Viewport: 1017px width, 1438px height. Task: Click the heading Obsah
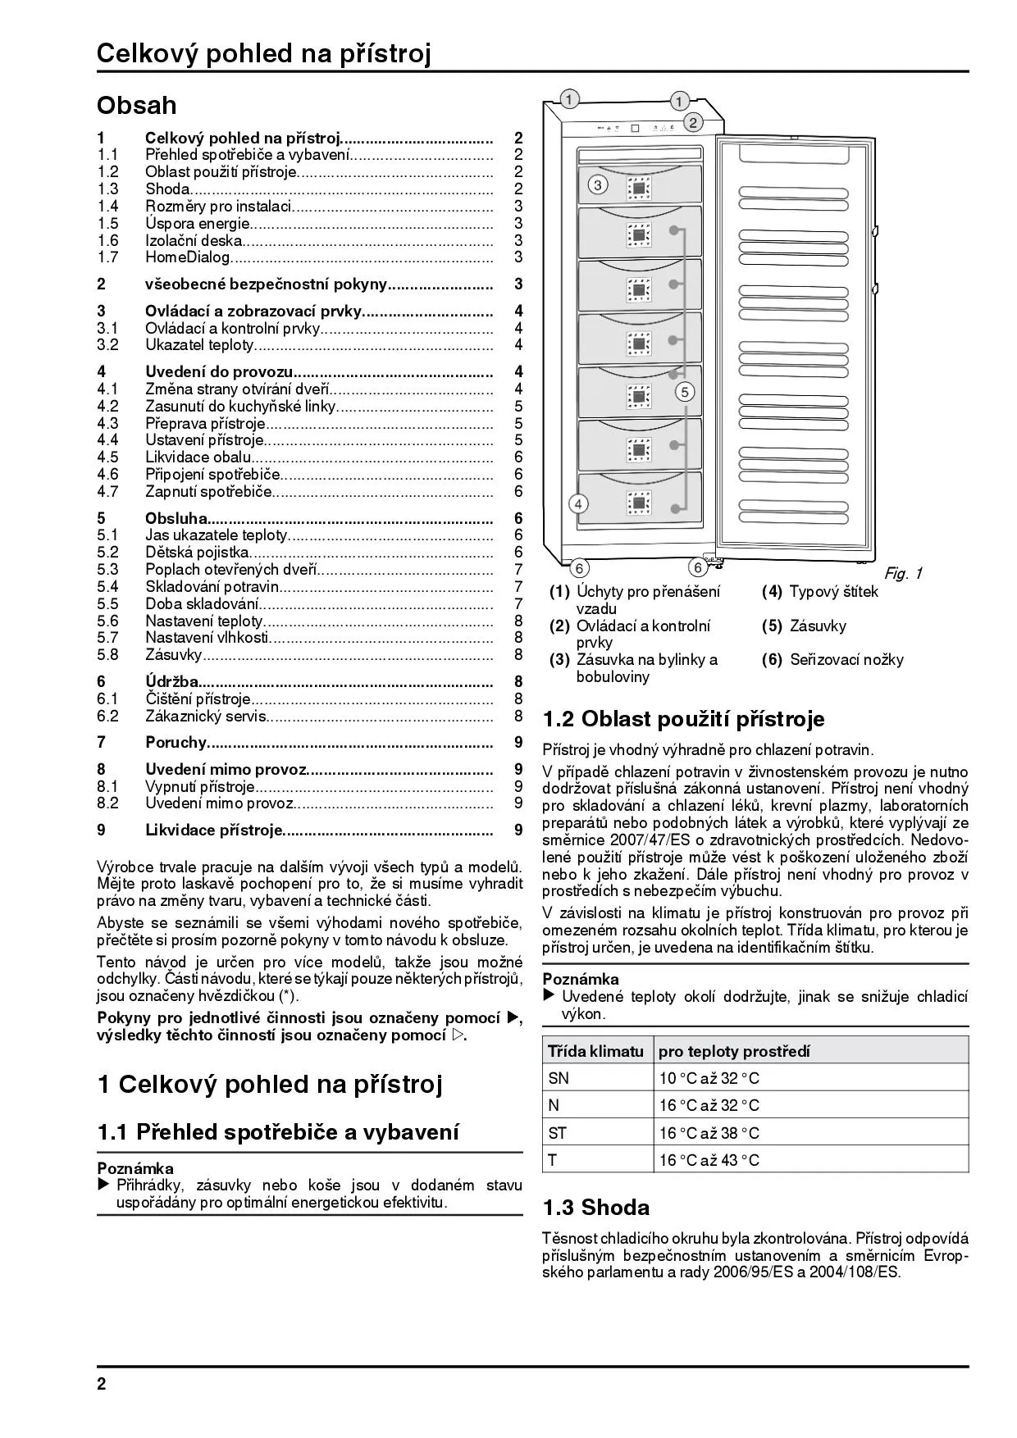136,106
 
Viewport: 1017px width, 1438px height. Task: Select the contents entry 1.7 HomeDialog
188,257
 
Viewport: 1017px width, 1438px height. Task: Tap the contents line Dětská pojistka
197,553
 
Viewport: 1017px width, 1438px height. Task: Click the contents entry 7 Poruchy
176,743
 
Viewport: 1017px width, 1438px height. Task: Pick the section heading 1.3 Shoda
595,1208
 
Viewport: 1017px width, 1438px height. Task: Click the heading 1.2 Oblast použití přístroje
683,719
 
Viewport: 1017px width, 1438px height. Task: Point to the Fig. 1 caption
902,574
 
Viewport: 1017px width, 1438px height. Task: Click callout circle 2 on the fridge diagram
692,123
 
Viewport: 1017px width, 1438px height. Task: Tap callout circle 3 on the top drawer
598,185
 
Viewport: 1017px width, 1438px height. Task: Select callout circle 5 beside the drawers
685,392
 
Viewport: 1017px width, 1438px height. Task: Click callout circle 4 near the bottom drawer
578,503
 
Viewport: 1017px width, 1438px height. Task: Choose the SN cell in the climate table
559,1079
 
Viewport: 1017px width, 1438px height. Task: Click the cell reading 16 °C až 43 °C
709,1161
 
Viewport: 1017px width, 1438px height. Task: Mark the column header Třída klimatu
595,1051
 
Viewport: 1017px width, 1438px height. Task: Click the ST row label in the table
558,1134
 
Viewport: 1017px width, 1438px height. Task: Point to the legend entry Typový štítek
833,592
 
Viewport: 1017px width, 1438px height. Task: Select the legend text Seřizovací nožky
846,660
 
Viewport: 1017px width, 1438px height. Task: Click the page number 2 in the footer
102,1385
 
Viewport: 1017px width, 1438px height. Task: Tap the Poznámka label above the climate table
581,979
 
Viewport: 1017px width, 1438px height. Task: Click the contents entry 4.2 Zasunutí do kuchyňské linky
240,407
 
